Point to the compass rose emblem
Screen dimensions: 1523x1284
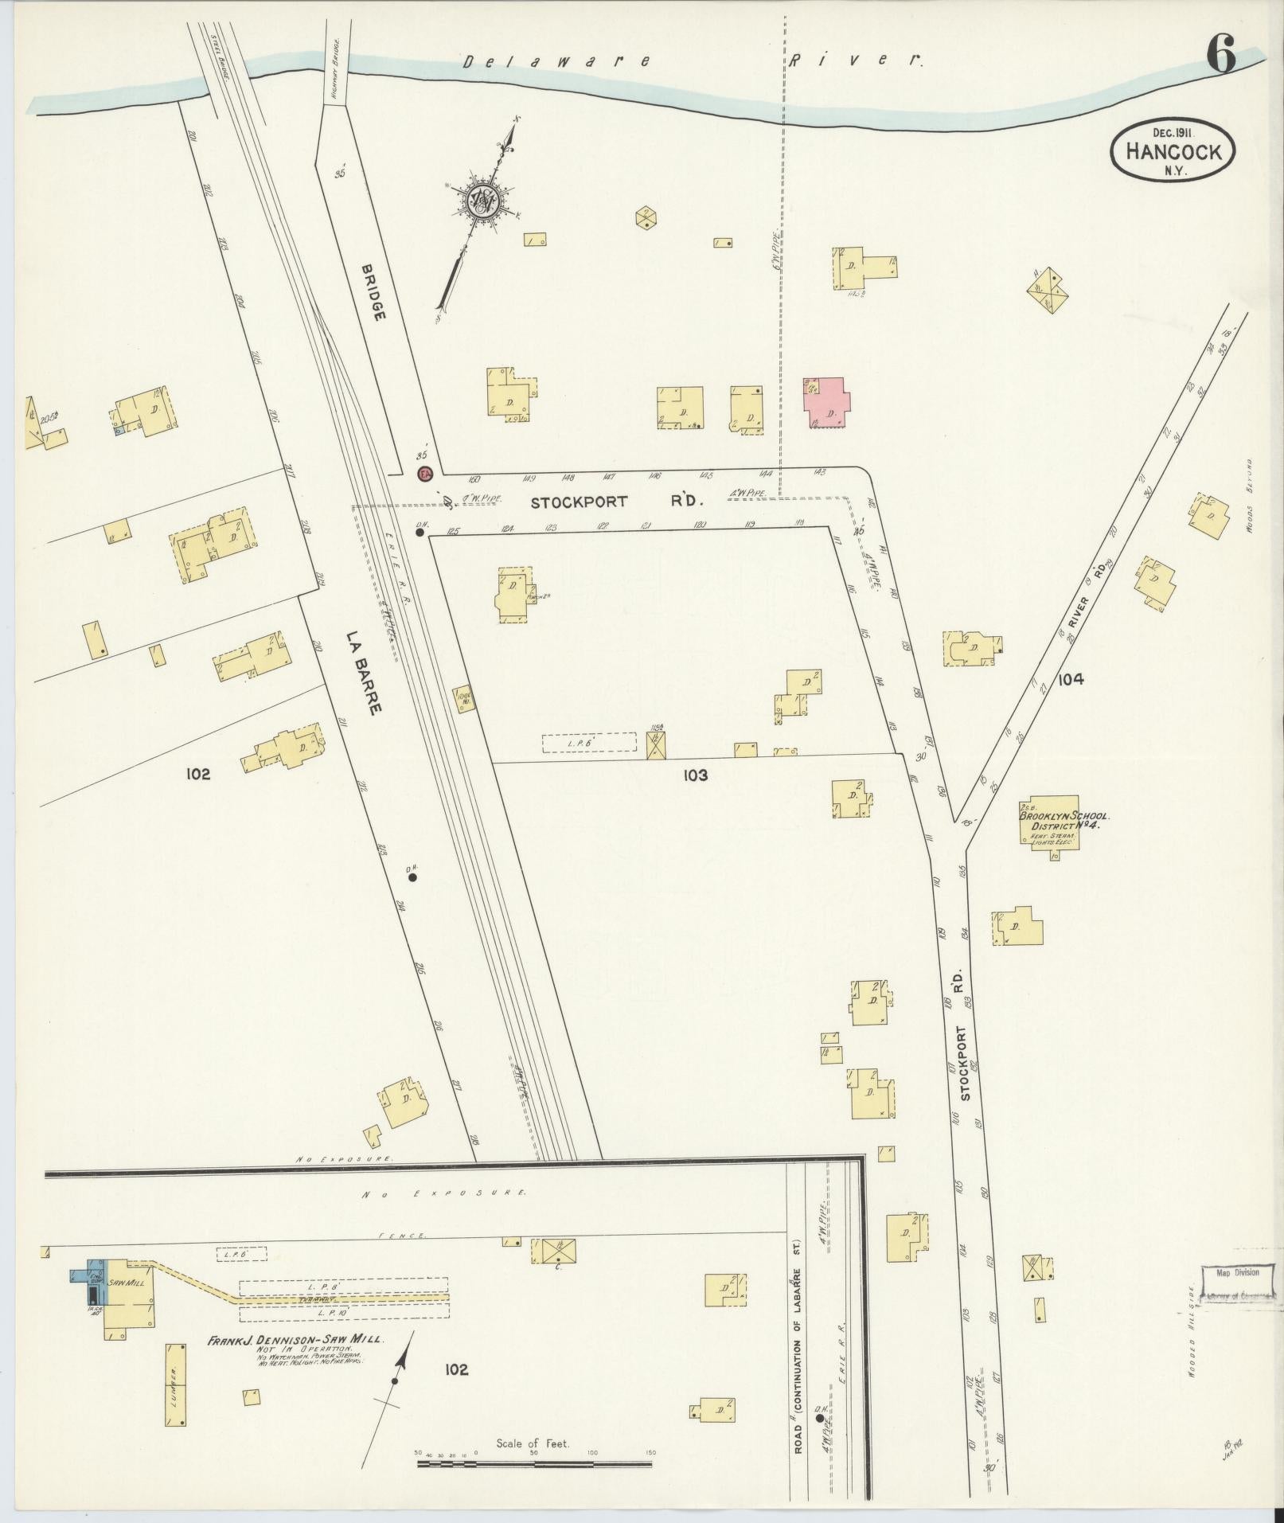click(x=481, y=203)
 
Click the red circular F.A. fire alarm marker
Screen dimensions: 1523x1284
click(x=425, y=474)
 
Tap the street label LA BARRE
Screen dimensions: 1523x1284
click(x=366, y=673)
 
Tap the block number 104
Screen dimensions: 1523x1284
click(x=1071, y=679)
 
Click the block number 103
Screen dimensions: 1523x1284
click(x=695, y=775)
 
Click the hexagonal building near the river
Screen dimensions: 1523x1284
click(x=646, y=217)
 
